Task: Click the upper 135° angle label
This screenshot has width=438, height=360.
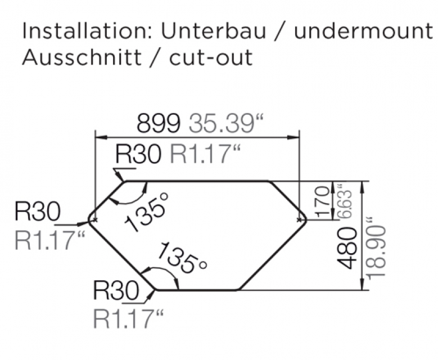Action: pyautogui.click(x=148, y=211)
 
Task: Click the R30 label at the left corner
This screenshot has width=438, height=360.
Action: pyautogui.click(x=37, y=213)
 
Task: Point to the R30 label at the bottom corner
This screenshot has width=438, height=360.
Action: pyautogui.click(x=116, y=291)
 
